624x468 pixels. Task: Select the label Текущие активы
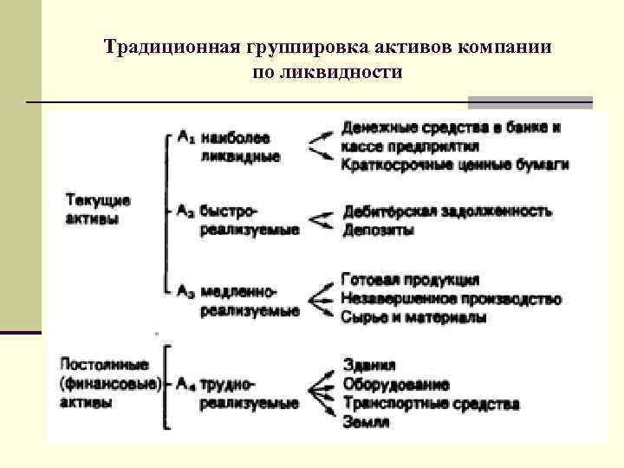click(98, 209)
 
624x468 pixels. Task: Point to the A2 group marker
click(185, 211)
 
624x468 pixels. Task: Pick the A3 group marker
click(185, 292)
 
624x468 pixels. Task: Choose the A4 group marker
click(185, 382)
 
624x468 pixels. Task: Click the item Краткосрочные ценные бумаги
click(455, 165)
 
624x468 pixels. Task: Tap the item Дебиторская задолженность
click(446, 211)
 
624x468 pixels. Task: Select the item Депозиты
click(378, 230)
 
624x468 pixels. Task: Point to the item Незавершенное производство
click(451, 299)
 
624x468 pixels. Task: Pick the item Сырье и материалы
click(413, 317)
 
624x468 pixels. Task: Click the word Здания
click(369, 365)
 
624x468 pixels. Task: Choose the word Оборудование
click(395, 384)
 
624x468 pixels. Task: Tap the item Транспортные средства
click(431, 403)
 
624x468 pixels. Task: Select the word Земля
click(366, 422)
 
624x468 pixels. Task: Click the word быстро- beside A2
click(229, 211)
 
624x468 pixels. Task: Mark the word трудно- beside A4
click(227, 382)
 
